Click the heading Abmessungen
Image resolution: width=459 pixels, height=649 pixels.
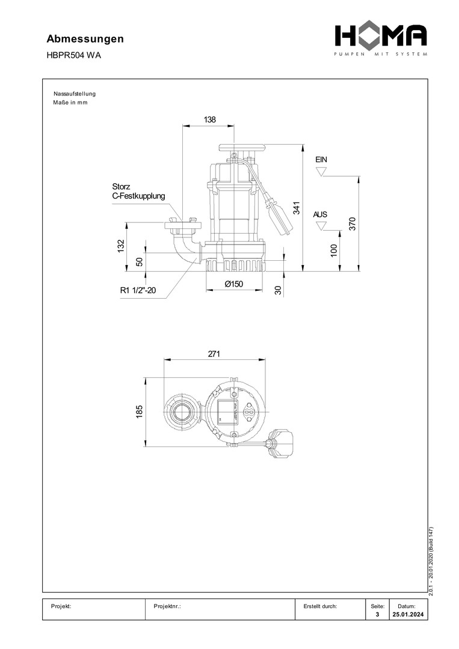click(x=85, y=39)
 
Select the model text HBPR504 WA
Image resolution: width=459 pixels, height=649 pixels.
click(x=73, y=55)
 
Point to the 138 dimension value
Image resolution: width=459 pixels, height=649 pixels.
click(x=209, y=120)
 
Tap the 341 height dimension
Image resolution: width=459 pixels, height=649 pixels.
click(x=297, y=207)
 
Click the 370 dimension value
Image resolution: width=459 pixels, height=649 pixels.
click(x=352, y=224)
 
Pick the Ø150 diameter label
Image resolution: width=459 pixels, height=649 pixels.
click(x=234, y=284)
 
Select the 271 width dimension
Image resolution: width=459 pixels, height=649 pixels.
click(x=214, y=354)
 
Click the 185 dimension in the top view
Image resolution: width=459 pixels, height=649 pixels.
click(x=139, y=412)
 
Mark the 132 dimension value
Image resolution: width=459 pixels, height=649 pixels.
click(x=121, y=246)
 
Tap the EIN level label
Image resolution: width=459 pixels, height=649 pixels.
click(x=321, y=159)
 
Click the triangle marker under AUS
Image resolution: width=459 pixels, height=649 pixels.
click(x=321, y=226)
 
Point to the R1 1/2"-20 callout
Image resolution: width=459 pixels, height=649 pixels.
click(x=138, y=290)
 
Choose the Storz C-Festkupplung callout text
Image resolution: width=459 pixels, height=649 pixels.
click(x=138, y=191)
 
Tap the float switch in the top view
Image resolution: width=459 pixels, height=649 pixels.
click(x=280, y=443)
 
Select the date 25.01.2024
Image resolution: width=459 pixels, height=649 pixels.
click(x=408, y=614)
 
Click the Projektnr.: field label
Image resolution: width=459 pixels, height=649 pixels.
click(x=167, y=606)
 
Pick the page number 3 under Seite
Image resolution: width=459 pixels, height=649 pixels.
click(x=377, y=614)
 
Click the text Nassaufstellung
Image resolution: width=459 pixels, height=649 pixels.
click(x=75, y=94)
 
